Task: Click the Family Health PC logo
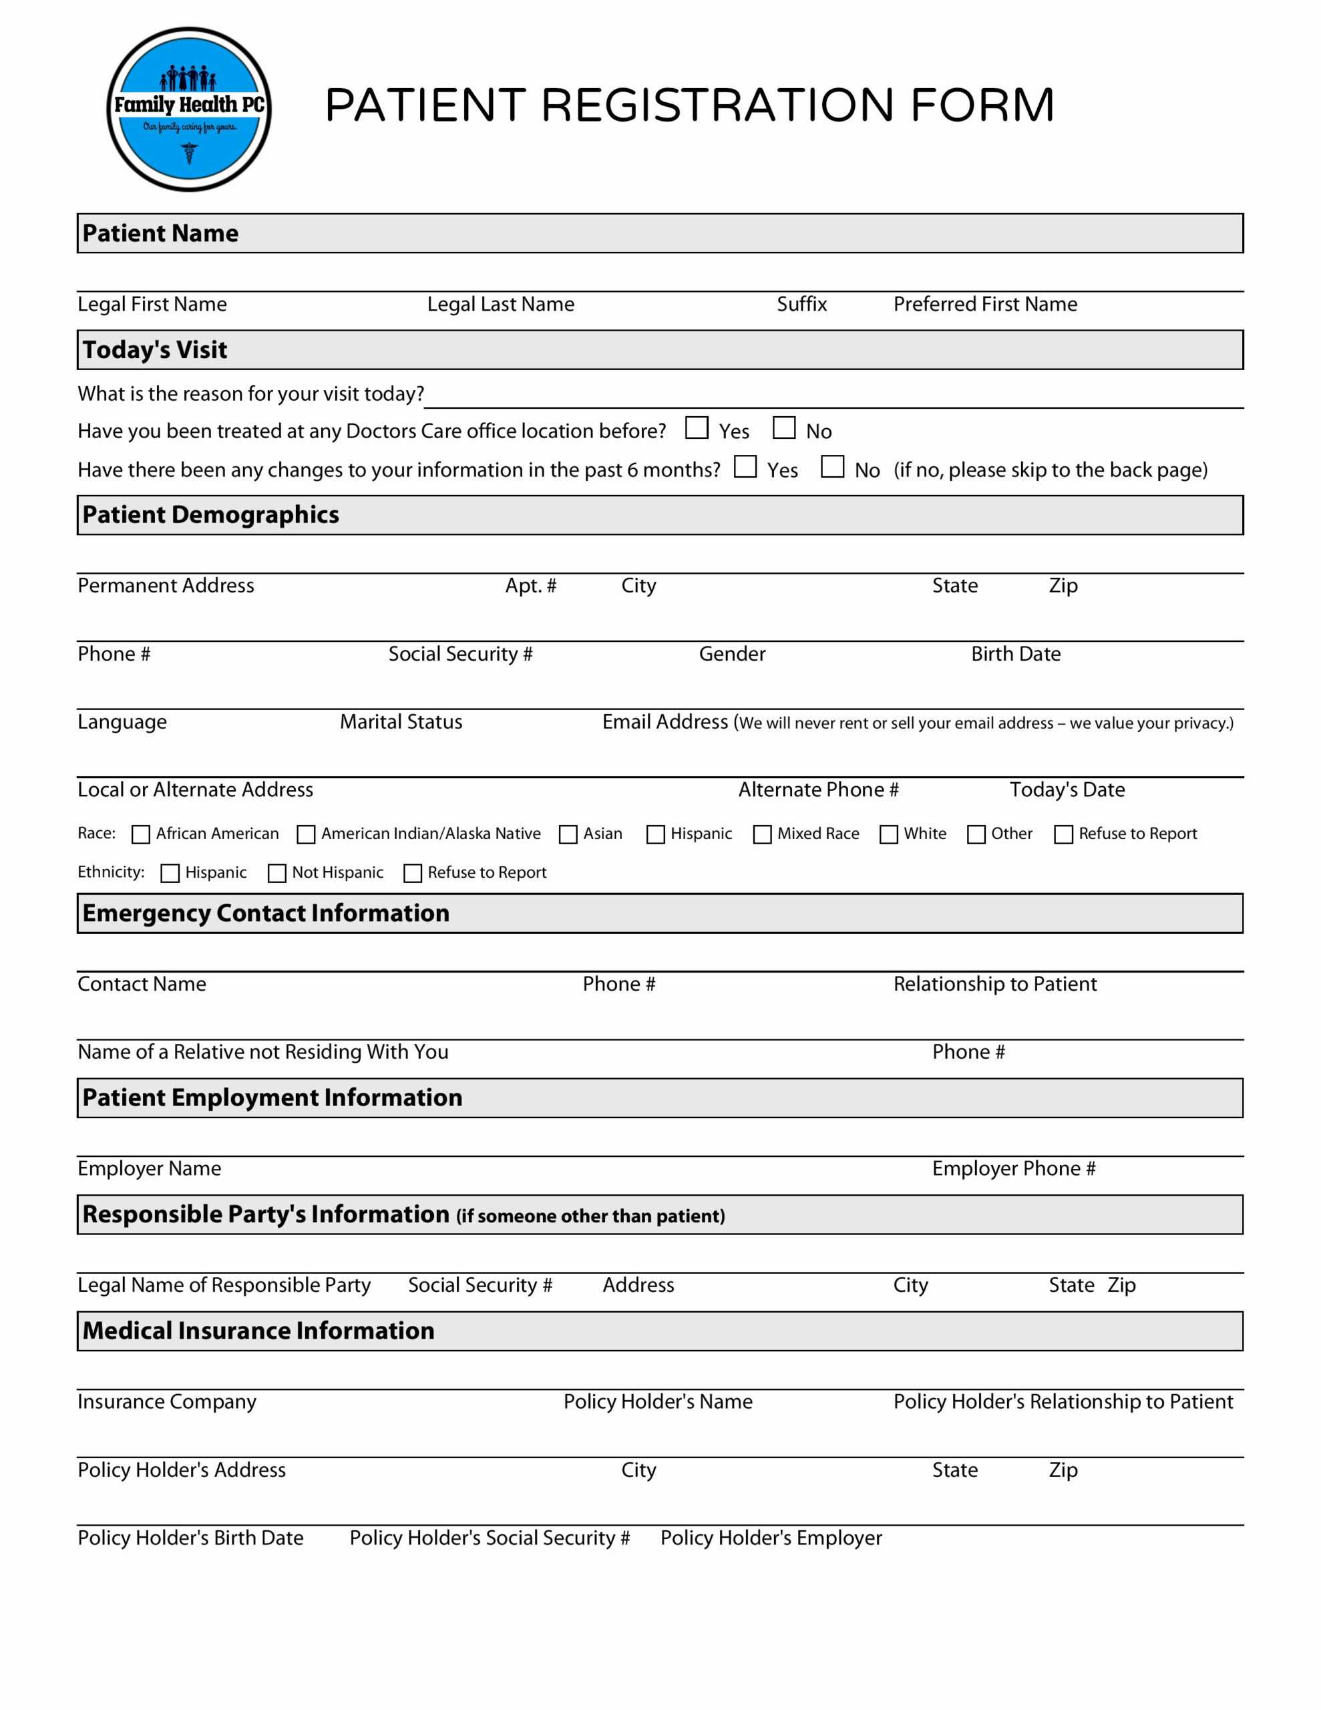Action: (189, 110)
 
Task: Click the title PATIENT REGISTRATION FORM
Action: (689, 106)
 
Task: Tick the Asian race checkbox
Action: (568, 835)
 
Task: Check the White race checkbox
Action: (889, 835)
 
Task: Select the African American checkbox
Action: (141, 835)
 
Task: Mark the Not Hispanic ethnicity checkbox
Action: (277, 874)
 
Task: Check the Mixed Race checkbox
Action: (762, 835)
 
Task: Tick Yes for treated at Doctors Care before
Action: (696, 428)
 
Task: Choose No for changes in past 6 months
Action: (831, 468)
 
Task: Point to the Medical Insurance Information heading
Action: (258, 1331)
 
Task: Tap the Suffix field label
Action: (801, 305)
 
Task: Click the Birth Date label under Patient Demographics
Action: (1016, 654)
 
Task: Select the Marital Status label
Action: (401, 722)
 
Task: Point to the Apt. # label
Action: (530, 586)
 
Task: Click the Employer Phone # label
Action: (1013, 1169)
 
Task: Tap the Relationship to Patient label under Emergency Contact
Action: (994, 984)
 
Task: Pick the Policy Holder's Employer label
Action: (771, 1538)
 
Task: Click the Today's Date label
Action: (1067, 790)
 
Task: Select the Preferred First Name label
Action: (985, 305)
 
